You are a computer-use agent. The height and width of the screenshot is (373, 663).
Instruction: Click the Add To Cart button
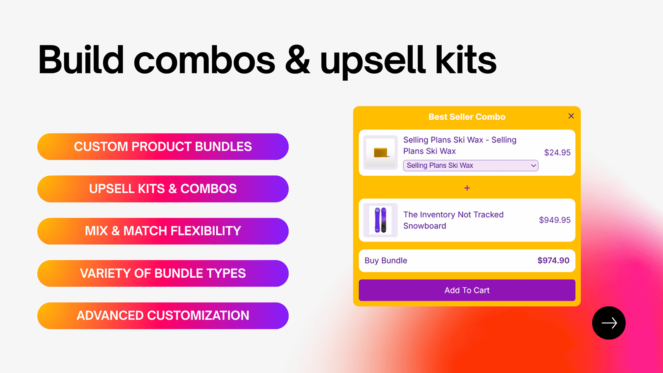point(467,290)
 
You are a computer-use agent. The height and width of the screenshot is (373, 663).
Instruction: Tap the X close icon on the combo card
point(571,116)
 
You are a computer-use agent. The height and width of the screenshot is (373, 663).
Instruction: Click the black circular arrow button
point(609,323)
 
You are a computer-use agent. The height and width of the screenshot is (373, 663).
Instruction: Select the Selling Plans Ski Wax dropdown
point(470,165)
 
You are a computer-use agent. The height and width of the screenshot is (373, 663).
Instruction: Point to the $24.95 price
point(557,153)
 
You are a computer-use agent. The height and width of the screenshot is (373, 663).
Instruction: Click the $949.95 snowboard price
point(554,220)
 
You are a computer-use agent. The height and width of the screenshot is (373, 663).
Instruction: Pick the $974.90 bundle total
point(553,260)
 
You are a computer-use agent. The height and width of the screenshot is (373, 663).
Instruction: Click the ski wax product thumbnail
point(380,153)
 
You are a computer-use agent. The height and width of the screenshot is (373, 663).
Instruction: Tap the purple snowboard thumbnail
point(380,220)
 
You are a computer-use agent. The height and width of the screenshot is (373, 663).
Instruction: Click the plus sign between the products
point(467,188)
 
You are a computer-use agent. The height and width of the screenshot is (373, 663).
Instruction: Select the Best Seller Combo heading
point(467,117)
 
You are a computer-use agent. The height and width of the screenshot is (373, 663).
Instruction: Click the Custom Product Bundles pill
point(163,147)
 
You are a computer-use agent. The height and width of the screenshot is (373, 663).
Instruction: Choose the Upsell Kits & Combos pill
point(163,189)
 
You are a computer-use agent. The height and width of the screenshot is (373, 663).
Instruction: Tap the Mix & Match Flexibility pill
point(163,231)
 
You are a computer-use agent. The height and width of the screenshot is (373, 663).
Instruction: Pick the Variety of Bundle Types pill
point(163,274)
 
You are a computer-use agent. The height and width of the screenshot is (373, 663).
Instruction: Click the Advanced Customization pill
point(163,316)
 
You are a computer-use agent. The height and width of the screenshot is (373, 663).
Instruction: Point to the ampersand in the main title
point(297,61)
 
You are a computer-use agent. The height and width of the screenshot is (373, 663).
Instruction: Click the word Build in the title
point(81,61)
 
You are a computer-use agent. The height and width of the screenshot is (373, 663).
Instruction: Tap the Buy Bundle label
point(386,260)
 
